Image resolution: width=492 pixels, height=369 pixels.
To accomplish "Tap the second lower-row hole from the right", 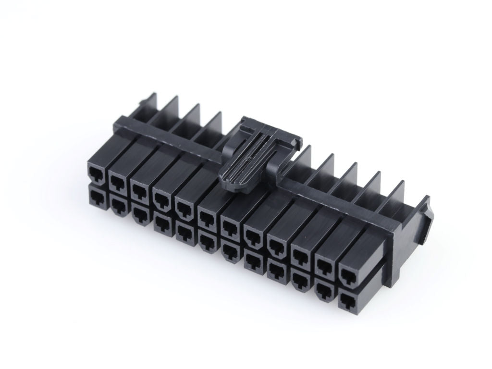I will pos(324,289).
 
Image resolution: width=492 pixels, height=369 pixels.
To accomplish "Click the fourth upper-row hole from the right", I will pos(275,246).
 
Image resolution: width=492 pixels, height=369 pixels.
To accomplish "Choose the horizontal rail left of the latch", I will pos(173,137).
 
